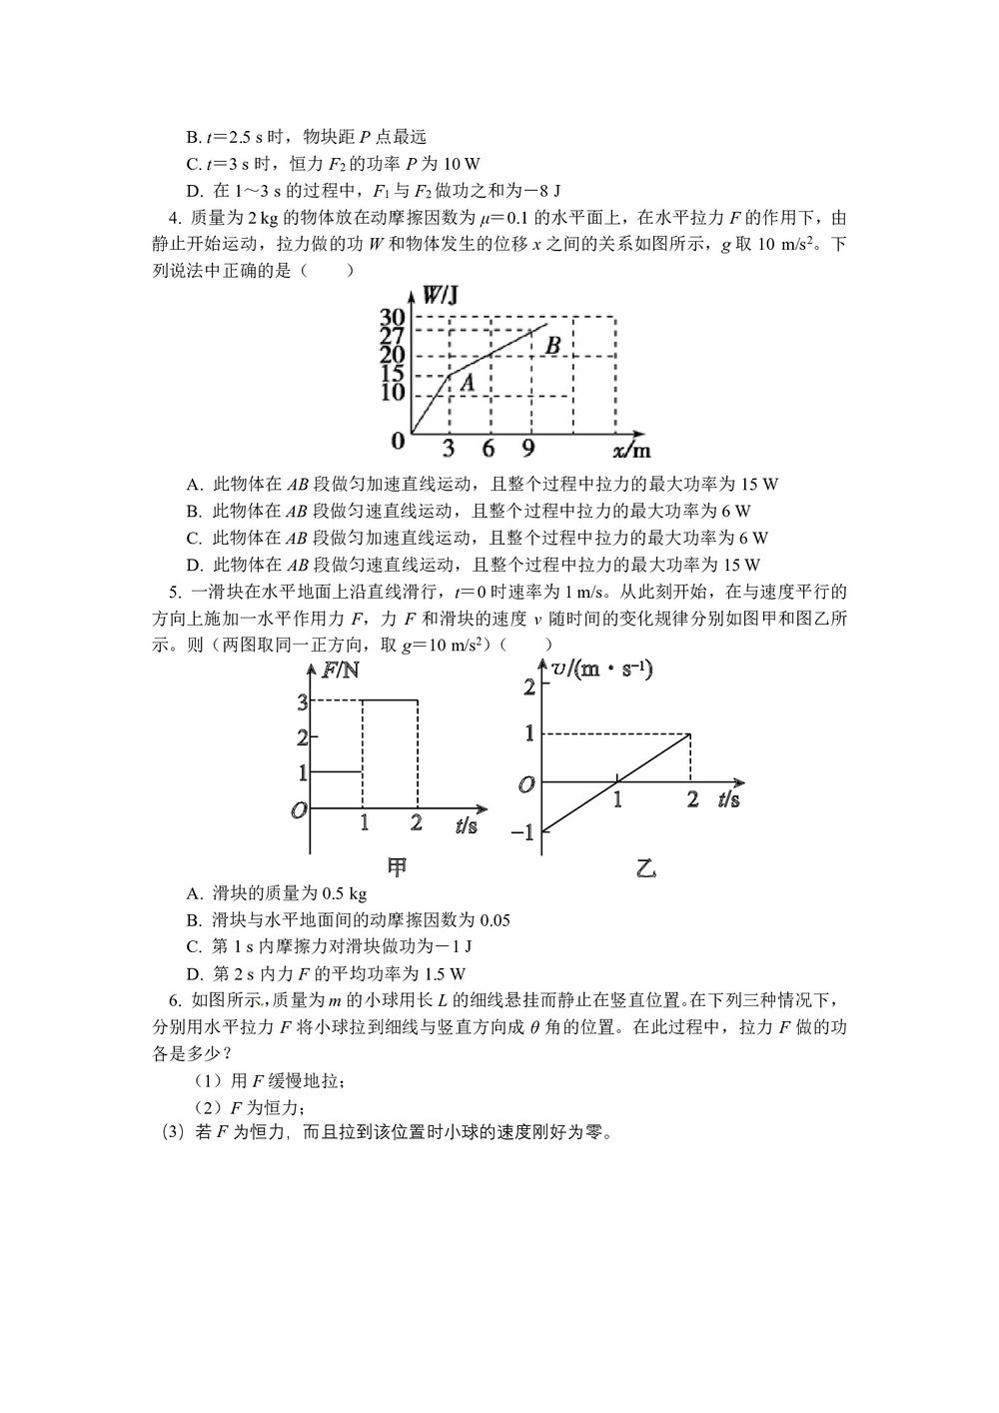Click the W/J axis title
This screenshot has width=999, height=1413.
(x=440, y=295)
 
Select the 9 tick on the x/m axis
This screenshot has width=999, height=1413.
(x=528, y=449)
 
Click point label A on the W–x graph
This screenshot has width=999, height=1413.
(x=467, y=381)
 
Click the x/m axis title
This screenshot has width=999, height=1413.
(x=631, y=449)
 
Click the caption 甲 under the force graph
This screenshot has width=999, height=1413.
(x=397, y=867)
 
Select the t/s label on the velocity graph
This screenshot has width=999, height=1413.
(x=728, y=799)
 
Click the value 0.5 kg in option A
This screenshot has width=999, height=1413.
(x=342, y=893)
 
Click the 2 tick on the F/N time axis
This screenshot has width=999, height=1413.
(x=417, y=823)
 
